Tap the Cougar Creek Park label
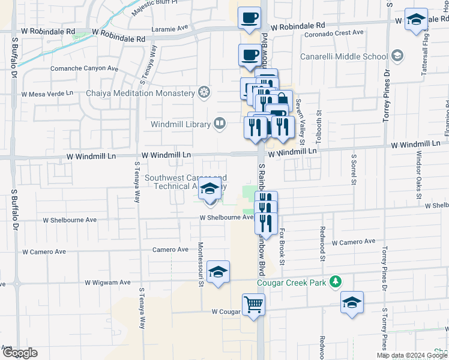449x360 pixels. pos(294,282)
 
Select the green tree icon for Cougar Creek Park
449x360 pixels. pos(337,281)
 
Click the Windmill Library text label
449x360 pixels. pos(180,124)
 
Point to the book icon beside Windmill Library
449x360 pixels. pos(220,124)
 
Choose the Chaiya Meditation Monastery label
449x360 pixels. pos(140,93)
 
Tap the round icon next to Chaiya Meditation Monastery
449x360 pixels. pos(205,93)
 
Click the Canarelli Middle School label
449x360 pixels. pos(351,57)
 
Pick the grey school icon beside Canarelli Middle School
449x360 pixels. pos(397,56)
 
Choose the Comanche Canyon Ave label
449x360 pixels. pos(84,68)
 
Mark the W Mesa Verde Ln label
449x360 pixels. pos(47,94)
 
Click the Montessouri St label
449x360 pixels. pos(201,265)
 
